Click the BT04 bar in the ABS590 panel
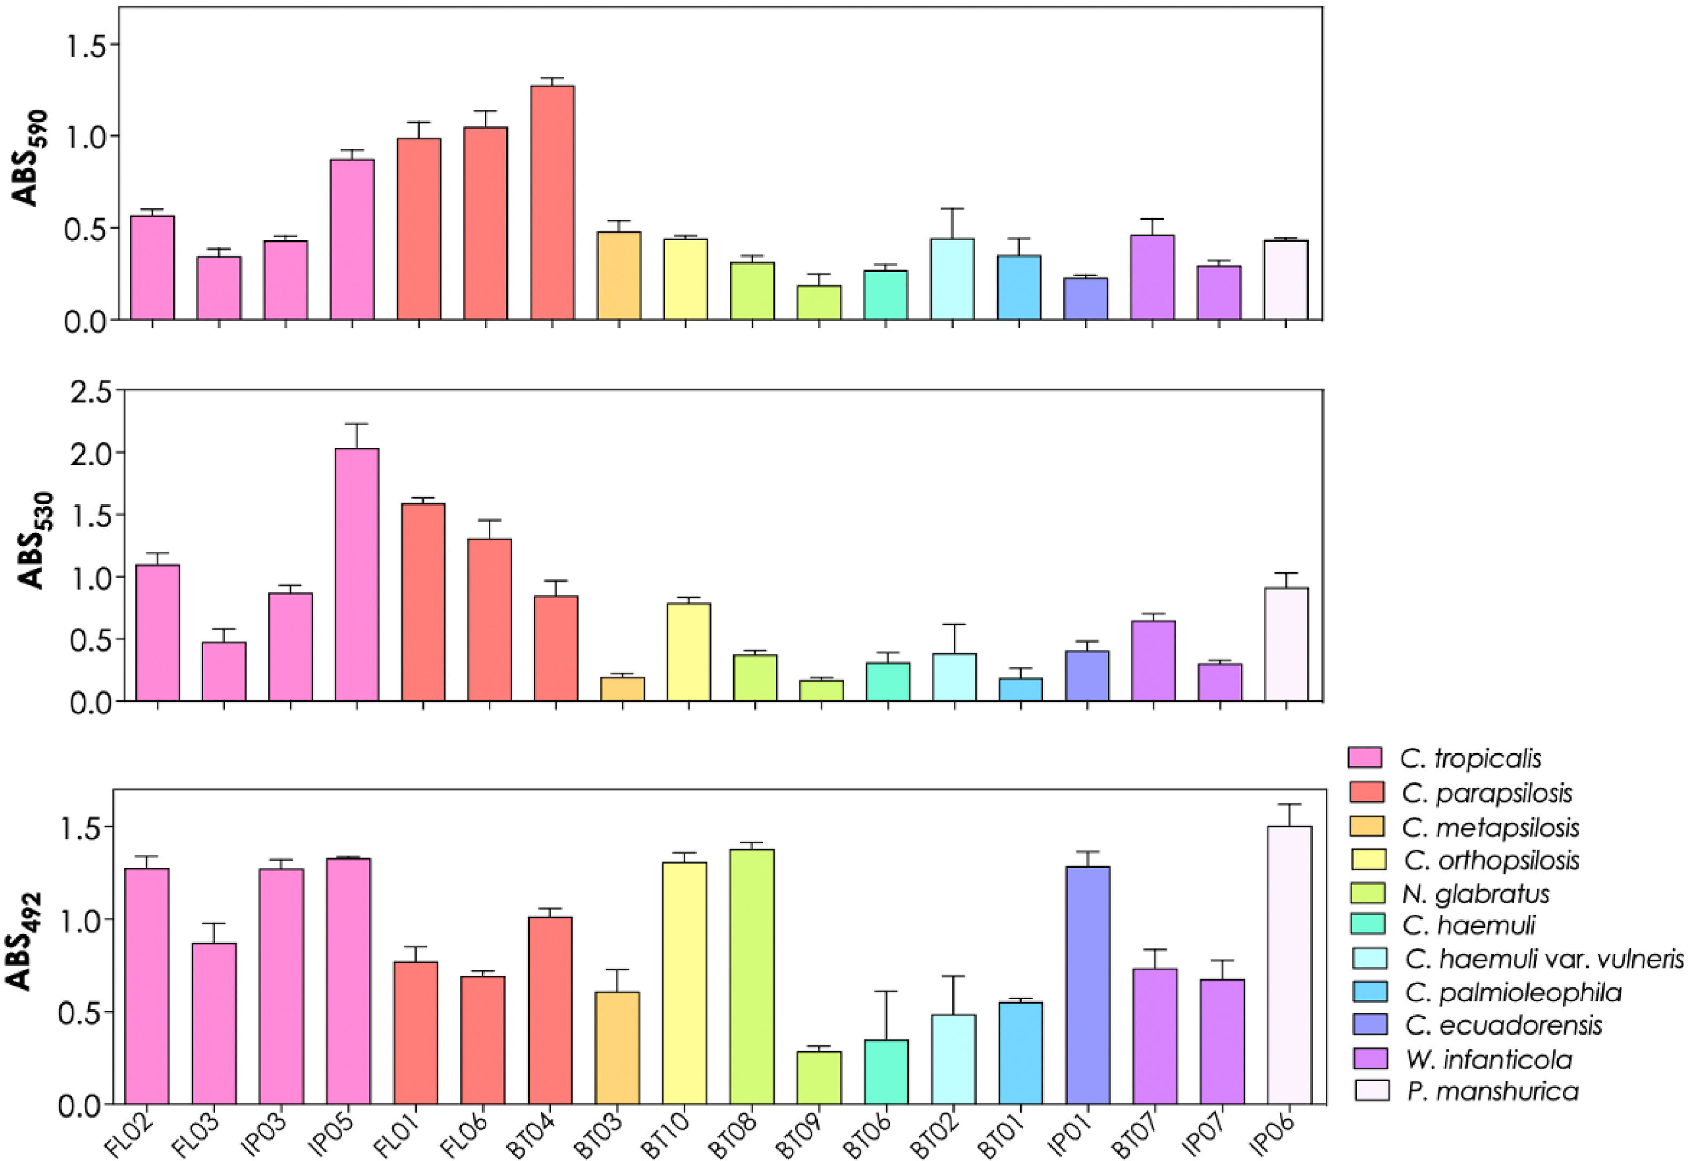click(553, 203)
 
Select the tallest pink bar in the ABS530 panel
click(357, 575)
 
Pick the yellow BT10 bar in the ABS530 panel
click(689, 652)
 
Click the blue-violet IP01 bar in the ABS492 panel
click(1087, 986)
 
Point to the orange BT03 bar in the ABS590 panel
click(619, 276)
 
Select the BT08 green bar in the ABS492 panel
click(752, 977)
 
